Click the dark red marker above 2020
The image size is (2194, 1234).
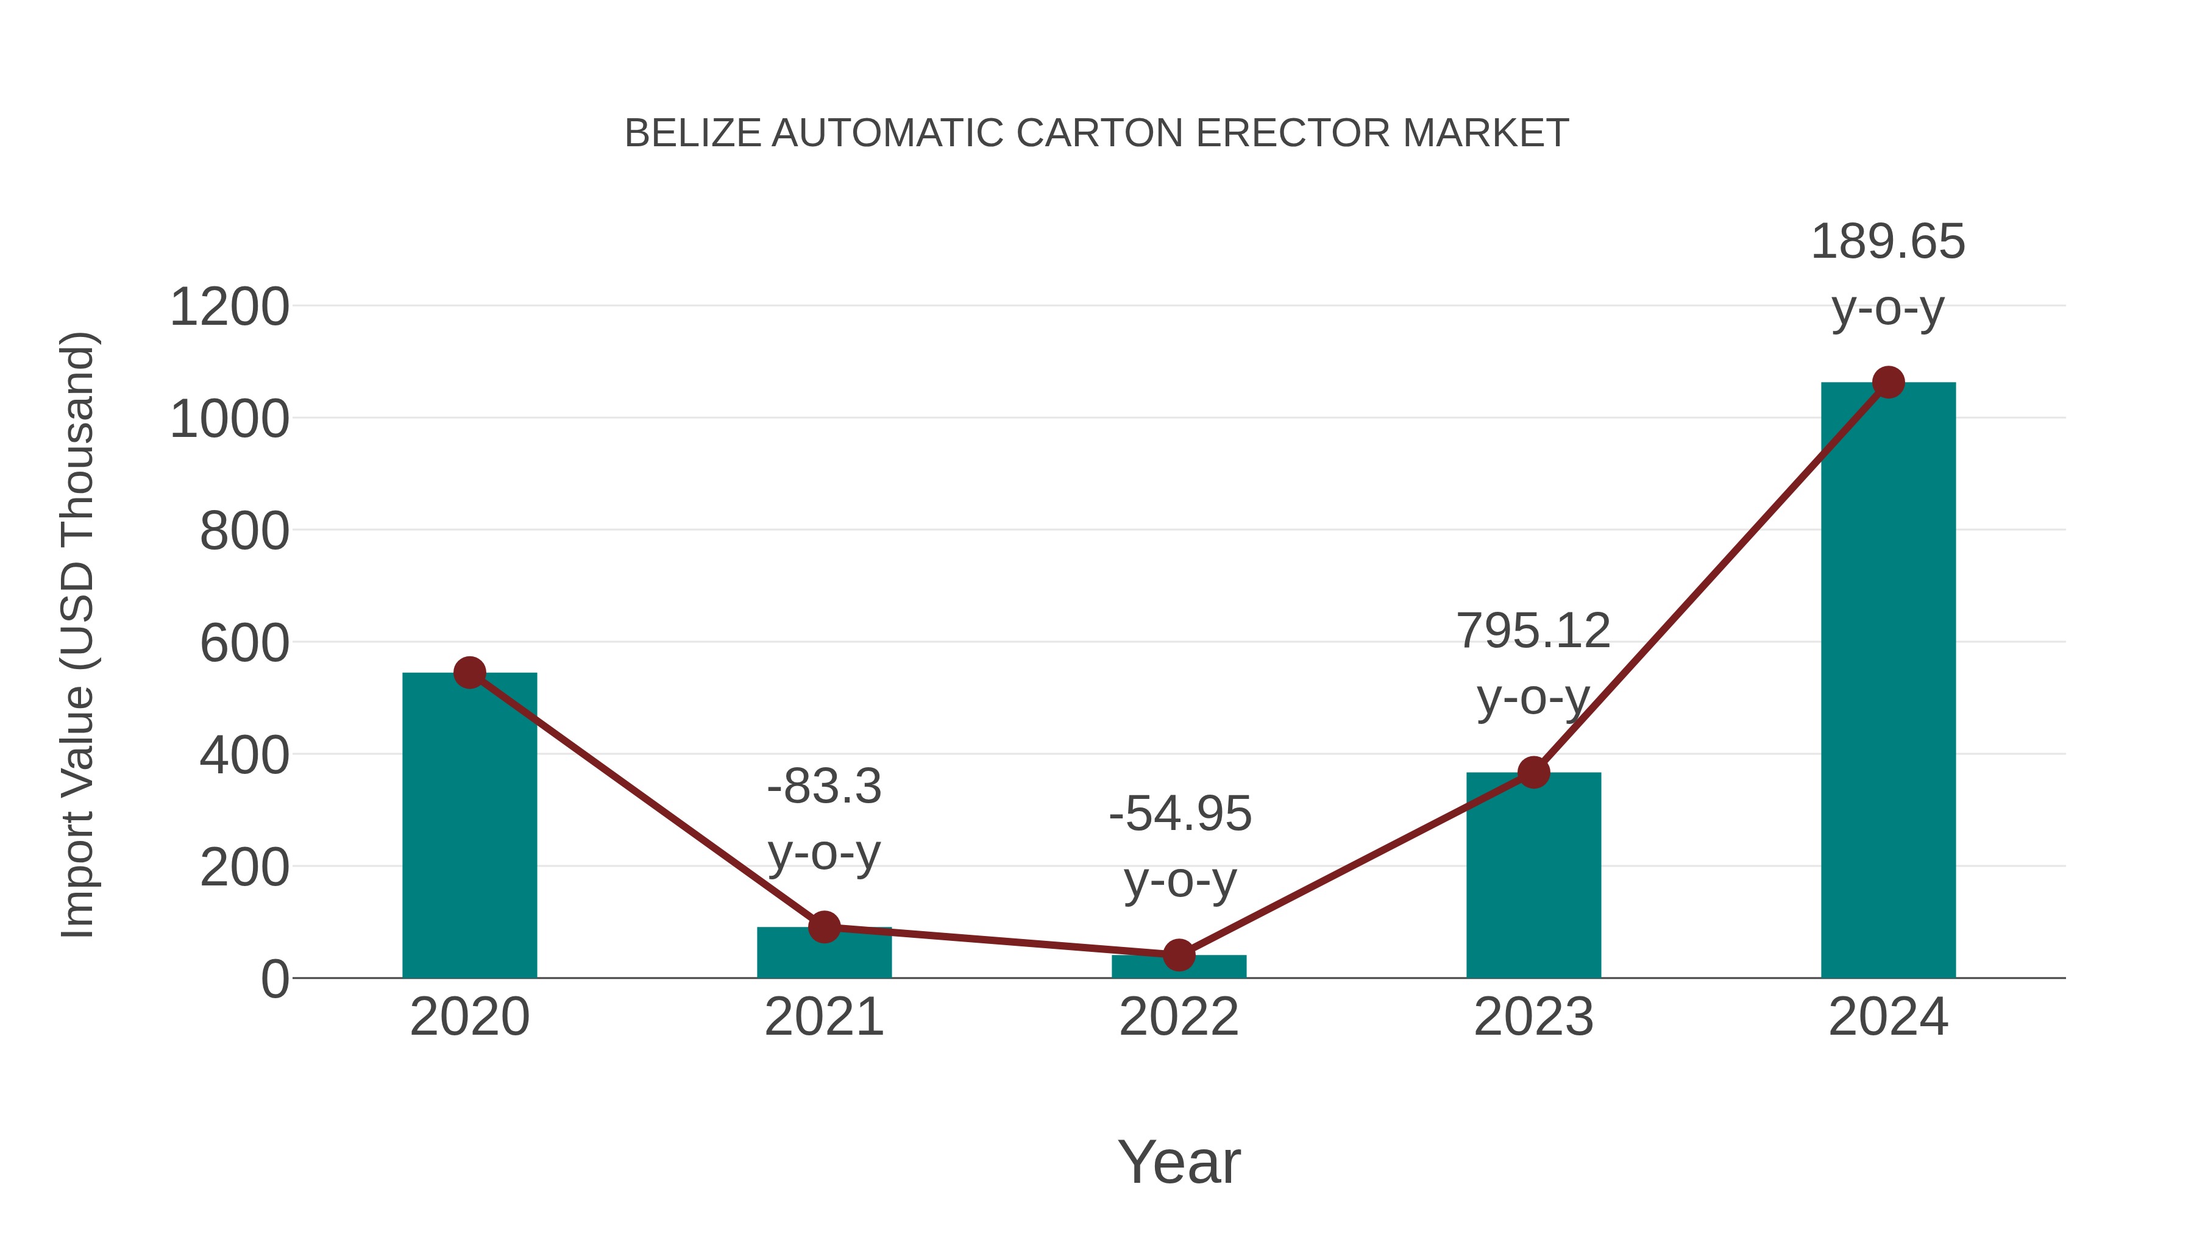coord(469,673)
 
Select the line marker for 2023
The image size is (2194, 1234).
coord(1533,773)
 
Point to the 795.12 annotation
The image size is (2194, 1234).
coord(1533,631)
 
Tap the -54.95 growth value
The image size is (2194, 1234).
coord(1180,814)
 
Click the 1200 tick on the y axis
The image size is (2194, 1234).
coord(230,308)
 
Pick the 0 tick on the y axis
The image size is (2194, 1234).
coord(275,979)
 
